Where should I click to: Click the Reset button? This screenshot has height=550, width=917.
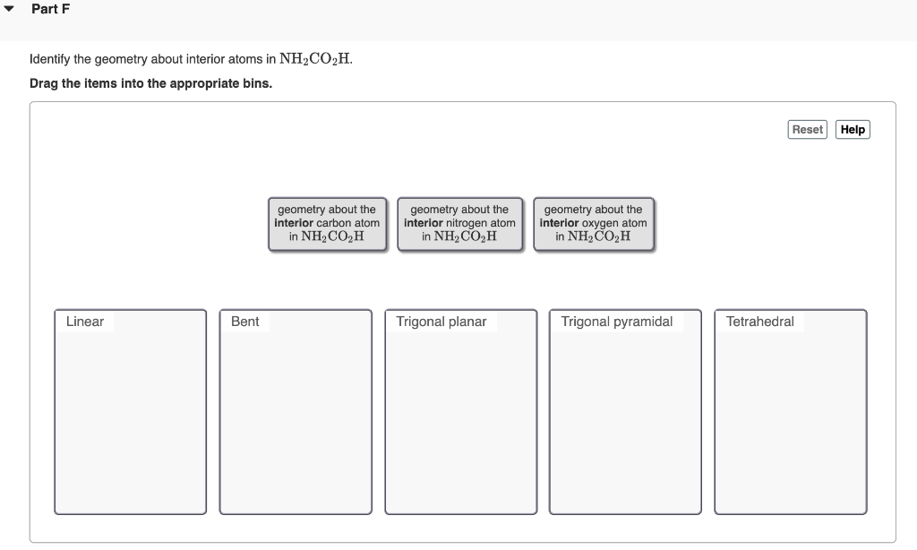point(807,130)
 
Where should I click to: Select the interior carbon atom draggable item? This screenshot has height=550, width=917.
point(328,224)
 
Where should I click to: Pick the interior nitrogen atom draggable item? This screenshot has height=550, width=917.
point(459,224)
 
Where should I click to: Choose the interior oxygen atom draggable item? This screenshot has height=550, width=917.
point(593,224)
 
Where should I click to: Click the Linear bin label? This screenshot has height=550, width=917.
point(85,322)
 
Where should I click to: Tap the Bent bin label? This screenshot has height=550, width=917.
point(244,322)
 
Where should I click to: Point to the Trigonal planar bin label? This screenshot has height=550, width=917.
point(441,322)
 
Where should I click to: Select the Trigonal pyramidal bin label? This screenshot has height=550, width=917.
point(616,322)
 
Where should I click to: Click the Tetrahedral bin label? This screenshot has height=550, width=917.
point(759,322)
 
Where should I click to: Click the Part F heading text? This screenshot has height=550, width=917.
point(50,9)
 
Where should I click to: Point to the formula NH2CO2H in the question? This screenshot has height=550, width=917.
point(316,60)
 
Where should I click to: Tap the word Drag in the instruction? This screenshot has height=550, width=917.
point(44,83)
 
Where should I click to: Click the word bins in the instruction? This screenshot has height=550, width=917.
point(256,83)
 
